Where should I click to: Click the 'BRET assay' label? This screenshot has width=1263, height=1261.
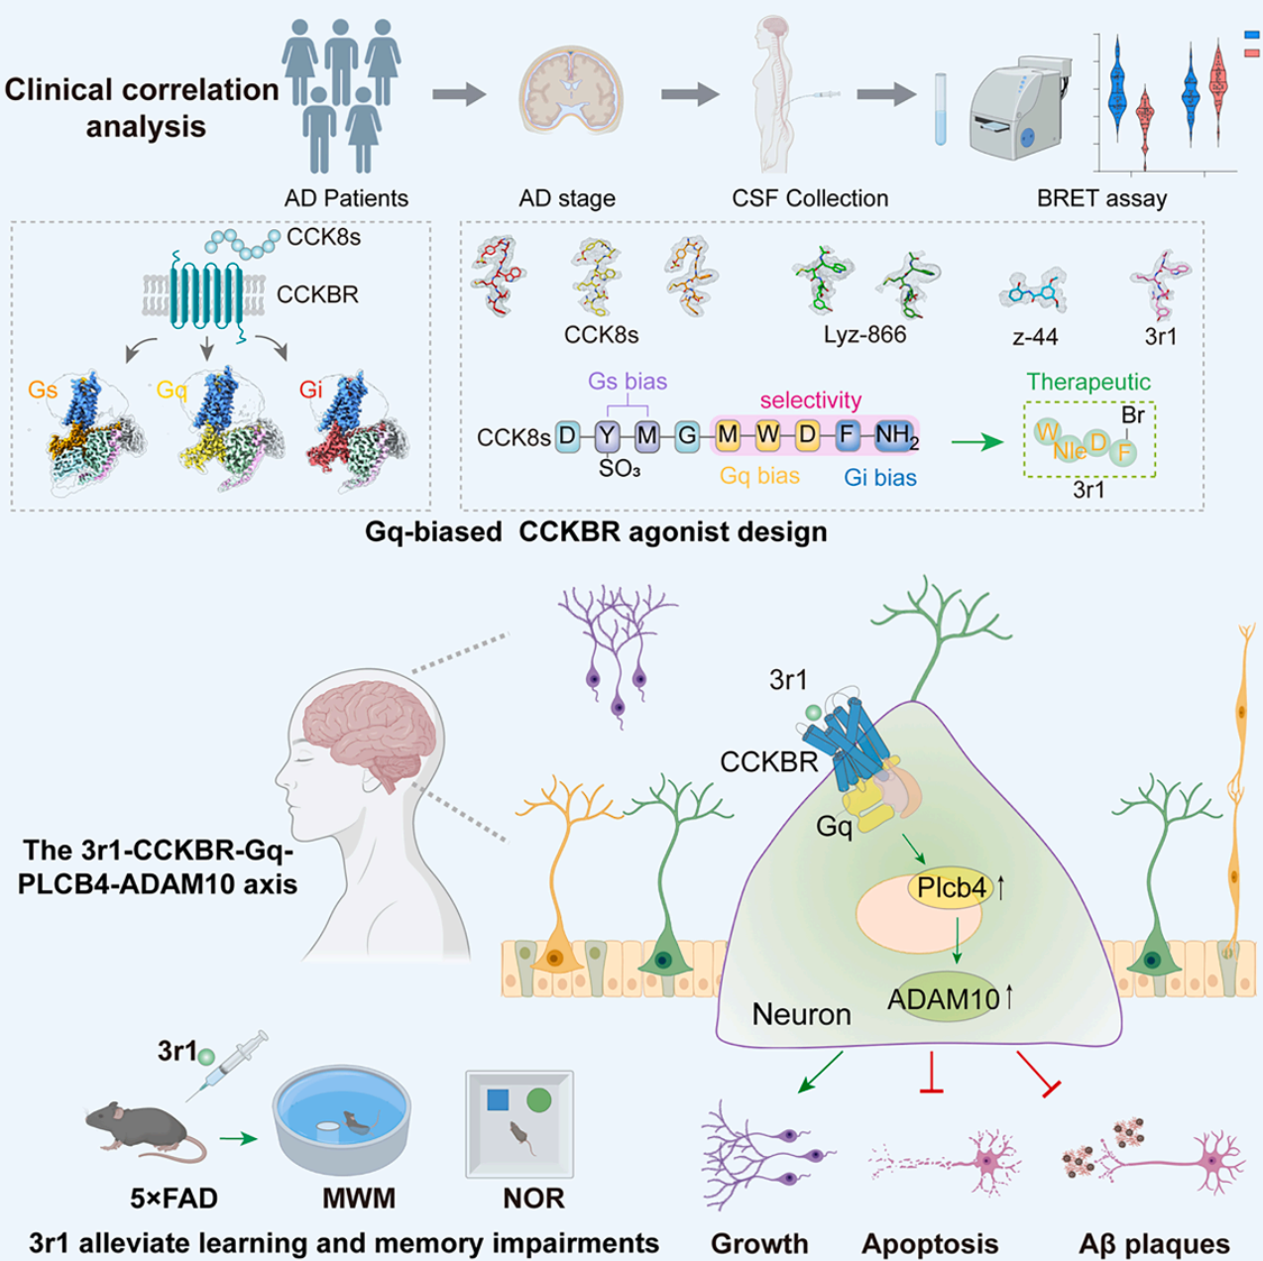click(1101, 198)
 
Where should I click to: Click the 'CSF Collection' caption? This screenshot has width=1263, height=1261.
click(810, 198)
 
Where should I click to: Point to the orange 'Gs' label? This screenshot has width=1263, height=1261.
click(43, 390)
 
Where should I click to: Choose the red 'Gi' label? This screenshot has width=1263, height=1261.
click(310, 390)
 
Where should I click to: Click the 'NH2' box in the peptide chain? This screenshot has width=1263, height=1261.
click(895, 435)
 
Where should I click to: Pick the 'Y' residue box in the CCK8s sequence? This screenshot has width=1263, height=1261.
click(607, 435)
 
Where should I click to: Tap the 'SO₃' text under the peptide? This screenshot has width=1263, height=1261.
click(620, 469)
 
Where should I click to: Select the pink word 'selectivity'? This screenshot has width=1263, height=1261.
click(810, 401)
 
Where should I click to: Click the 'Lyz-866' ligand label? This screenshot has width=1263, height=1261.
click(864, 335)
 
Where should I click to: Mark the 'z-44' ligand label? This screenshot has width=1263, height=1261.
click(1035, 337)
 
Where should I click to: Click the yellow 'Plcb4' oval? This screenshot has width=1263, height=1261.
click(951, 888)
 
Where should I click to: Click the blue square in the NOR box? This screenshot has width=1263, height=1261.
click(499, 1099)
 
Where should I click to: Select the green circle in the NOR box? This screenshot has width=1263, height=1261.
click(538, 1099)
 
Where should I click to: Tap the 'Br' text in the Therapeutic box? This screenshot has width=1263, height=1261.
click(1132, 416)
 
